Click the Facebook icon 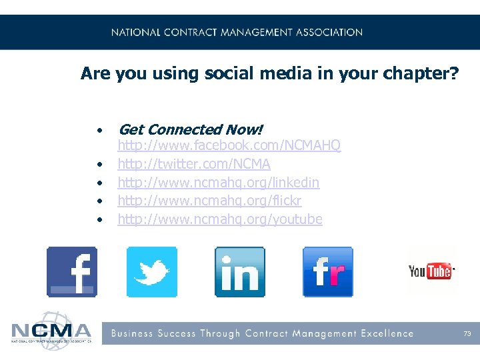pos(72,271)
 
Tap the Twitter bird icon pos(152,271)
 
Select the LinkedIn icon pos(239,271)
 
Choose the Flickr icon pos(327,271)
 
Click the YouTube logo pos(431,271)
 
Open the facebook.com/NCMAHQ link pos(229,145)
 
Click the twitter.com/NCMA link pos(194,164)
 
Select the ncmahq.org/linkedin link pos(219,183)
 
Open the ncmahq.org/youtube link pos(220,219)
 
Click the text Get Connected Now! pos(191,129)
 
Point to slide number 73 pos(467,333)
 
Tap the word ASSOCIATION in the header pos(331,32)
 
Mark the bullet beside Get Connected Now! pos(99,130)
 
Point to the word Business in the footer pos(132,333)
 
